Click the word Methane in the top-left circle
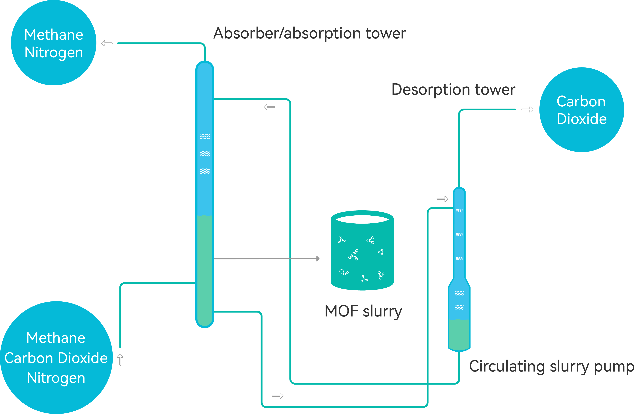[x=54, y=35]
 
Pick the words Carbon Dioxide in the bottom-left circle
[x=56, y=358]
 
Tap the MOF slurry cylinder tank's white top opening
[x=362, y=219]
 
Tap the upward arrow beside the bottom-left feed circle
[x=120, y=359]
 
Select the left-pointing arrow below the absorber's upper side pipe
[x=269, y=107]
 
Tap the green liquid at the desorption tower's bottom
[x=459, y=335]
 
